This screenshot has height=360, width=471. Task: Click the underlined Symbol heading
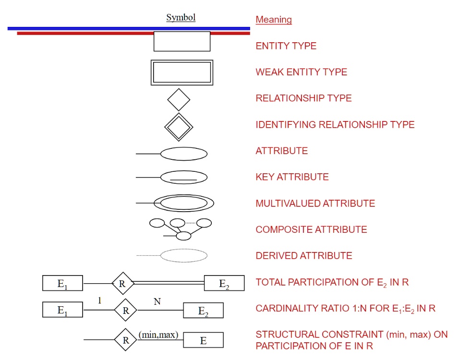pyautogui.click(x=181, y=18)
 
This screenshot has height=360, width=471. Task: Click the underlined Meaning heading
pyautogui.click(x=274, y=20)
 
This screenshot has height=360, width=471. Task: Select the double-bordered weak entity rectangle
pyautogui.click(x=182, y=72)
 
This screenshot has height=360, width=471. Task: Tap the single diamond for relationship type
pyautogui.click(x=179, y=100)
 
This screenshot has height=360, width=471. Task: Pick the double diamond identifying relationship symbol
pyautogui.click(x=179, y=127)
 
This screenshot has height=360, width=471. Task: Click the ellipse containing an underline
pyautogui.click(x=183, y=177)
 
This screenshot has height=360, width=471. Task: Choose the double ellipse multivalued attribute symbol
pyautogui.click(x=183, y=203)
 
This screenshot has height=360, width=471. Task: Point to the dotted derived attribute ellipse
pyautogui.click(x=183, y=255)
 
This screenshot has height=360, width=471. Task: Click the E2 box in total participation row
pyautogui.click(x=224, y=284)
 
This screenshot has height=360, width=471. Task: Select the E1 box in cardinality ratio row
pyautogui.click(x=62, y=310)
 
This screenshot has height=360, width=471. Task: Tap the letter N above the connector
pyautogui.click(x=157, y=301)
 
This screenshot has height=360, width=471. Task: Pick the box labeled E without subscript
pyautogui.click(x=203, y=341)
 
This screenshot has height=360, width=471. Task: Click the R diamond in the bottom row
pyautogui.click(x=126, y=340)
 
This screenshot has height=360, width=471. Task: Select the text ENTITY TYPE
pyautogui.click(x=286, y=46)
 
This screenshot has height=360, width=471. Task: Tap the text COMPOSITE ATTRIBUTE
pyautogui.click(x=311, y=229)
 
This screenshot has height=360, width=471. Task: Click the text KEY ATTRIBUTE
pyautogui.click(x=292, y=177)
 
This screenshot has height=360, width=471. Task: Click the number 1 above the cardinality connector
pyautogui.click(x=100, y=300)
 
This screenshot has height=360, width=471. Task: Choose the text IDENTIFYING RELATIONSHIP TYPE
pyautogui.click(x=335, y=125)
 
